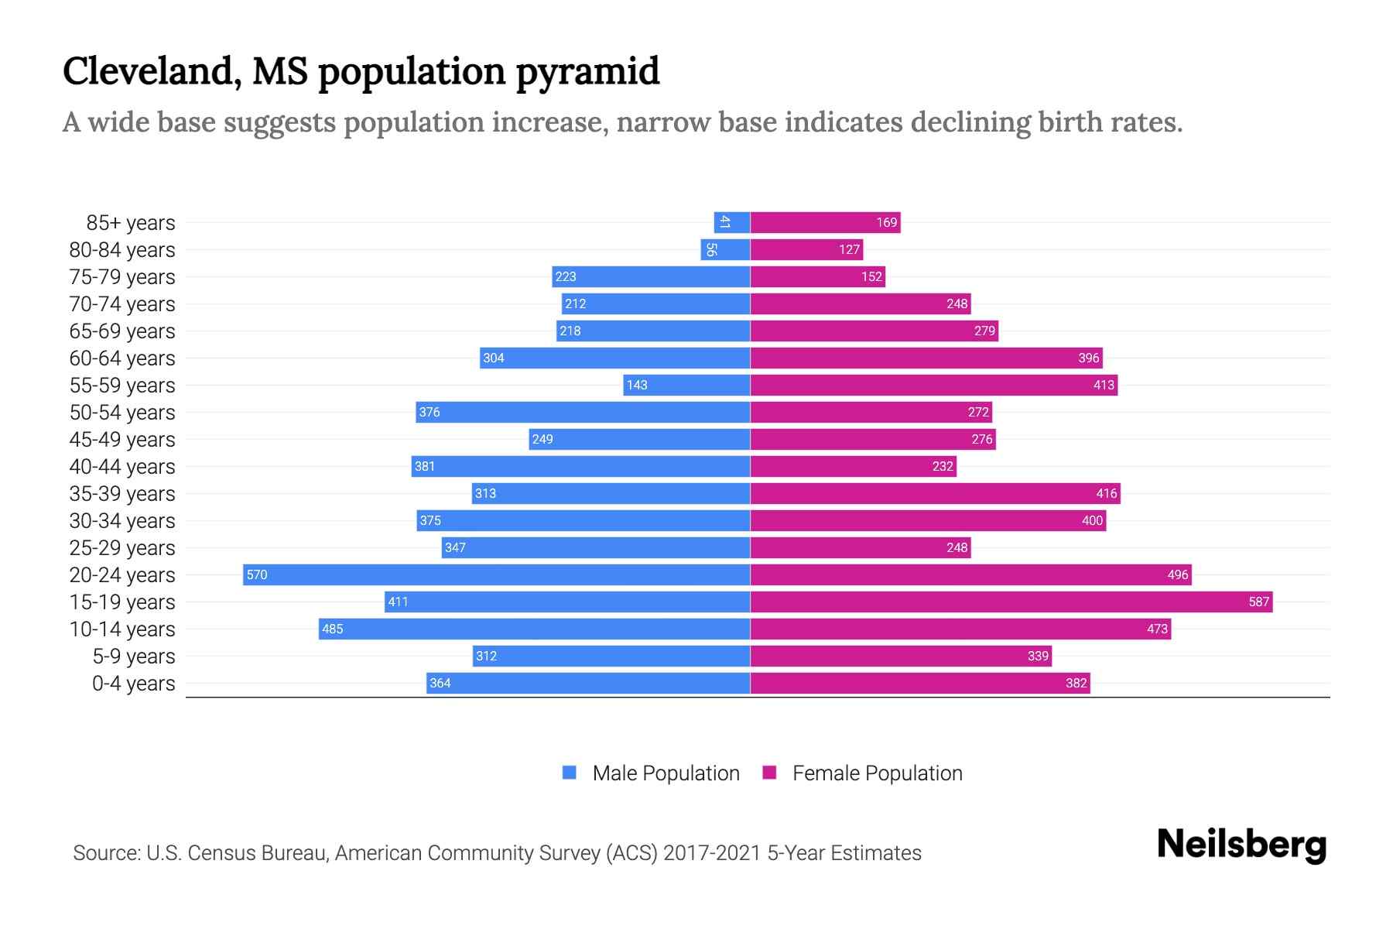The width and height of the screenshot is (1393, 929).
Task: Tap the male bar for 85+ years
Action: click(x=732, y=222)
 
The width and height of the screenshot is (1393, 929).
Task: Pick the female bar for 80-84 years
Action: click(x=806, y=249)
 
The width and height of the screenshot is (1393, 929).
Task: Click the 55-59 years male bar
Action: click(x=686, y=385)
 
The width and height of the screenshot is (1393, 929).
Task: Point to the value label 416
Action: click(x=1107, y=493)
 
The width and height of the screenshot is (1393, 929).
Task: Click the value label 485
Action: click(x=332, y=629)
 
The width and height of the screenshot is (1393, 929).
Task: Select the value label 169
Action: click(x=886, y=222)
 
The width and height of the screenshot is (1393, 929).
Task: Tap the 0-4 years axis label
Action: click(x=133, y=683)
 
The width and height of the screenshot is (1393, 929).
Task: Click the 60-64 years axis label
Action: click(x=122, y=358)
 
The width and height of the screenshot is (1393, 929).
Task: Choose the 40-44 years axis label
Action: click(x=122, y=466)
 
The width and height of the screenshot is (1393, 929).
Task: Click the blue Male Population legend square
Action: click(x=570, y=773)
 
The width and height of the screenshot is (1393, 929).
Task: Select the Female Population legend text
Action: click(x=877, y=773)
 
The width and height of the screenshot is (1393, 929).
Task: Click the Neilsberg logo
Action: click(x=1241, y=845)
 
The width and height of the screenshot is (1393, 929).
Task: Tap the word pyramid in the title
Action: click(x=587, y=71)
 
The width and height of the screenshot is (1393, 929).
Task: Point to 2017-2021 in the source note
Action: click(x=712, y=852)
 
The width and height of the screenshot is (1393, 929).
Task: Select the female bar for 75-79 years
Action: click(x=817, y=276)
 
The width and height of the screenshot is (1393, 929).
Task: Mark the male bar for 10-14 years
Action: click(x=534, y=629)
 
